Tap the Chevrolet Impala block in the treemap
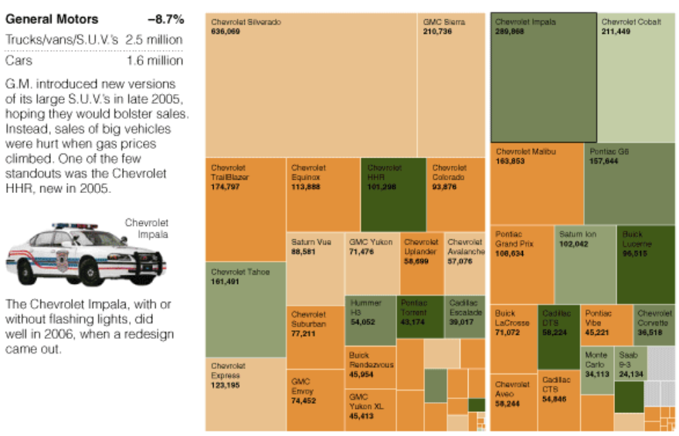point(543,77)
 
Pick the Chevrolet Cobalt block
point(636,77)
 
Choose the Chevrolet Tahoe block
point(246,309)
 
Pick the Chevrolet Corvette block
point(654,325)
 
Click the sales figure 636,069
point(226,32)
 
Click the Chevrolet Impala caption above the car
point(146,228)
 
